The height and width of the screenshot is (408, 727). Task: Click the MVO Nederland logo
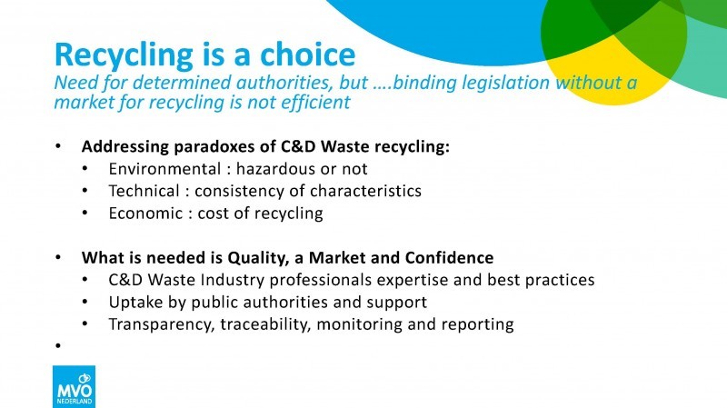tap(74, 387)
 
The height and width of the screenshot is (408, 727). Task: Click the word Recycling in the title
tap(124, 55)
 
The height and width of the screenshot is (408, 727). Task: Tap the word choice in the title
tap(307, 54)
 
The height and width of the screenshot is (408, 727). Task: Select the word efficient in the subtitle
tap(321, 103)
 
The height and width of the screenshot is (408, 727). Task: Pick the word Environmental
tap(164, 169)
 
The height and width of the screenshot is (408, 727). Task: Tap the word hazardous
tap(276, 169)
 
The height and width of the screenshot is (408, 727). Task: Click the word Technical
tap(144, 191)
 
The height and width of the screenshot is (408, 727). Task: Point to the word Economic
tap(145, 214)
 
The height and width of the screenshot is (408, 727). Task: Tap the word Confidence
tap(449, 258)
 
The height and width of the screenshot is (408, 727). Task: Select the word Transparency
tap(162, 324)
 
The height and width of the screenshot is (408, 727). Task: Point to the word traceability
tap(264, 324)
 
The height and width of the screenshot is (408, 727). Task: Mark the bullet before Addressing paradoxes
tap(58, 146)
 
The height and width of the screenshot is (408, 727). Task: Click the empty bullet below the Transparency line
tap(58, 346)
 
